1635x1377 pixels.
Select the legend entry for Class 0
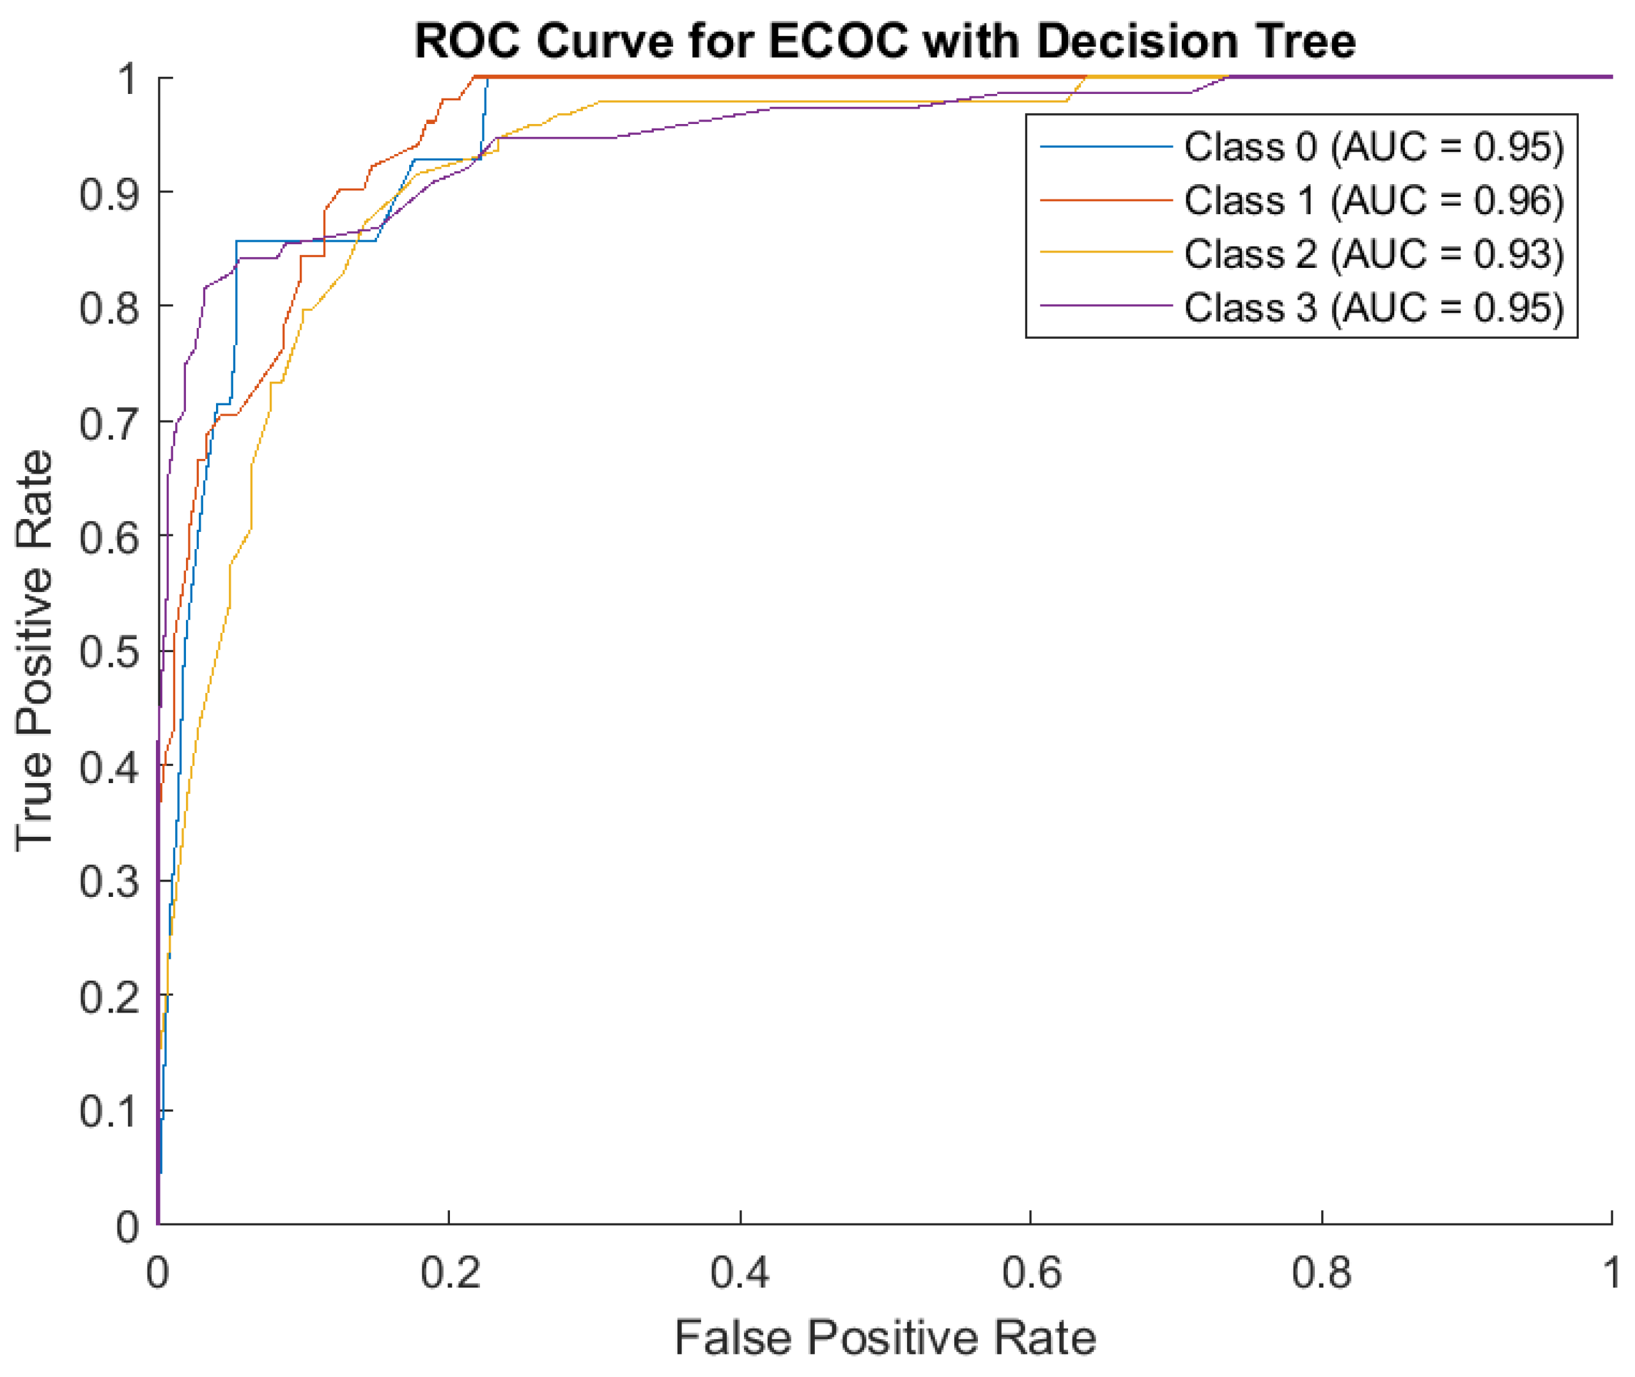coord(1373,147)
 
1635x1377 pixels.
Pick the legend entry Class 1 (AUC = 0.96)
coord(1373,201)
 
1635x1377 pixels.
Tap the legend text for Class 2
coord(1373,254)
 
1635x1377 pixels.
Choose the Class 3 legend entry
coord(1373,307)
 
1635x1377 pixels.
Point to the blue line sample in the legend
coord(1105,146)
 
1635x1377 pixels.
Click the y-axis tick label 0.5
coord(109,652)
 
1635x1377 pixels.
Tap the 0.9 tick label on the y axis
coord(109,193)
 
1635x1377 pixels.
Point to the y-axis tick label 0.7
coord(109,423)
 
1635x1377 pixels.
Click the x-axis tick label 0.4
coord(739,1272)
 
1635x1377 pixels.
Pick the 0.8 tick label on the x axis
coord(1321,1272)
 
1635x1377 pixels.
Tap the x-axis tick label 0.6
coord(1030,1272)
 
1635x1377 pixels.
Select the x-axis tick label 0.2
coord(449,1272)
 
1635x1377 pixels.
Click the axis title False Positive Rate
coord(884,1337)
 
